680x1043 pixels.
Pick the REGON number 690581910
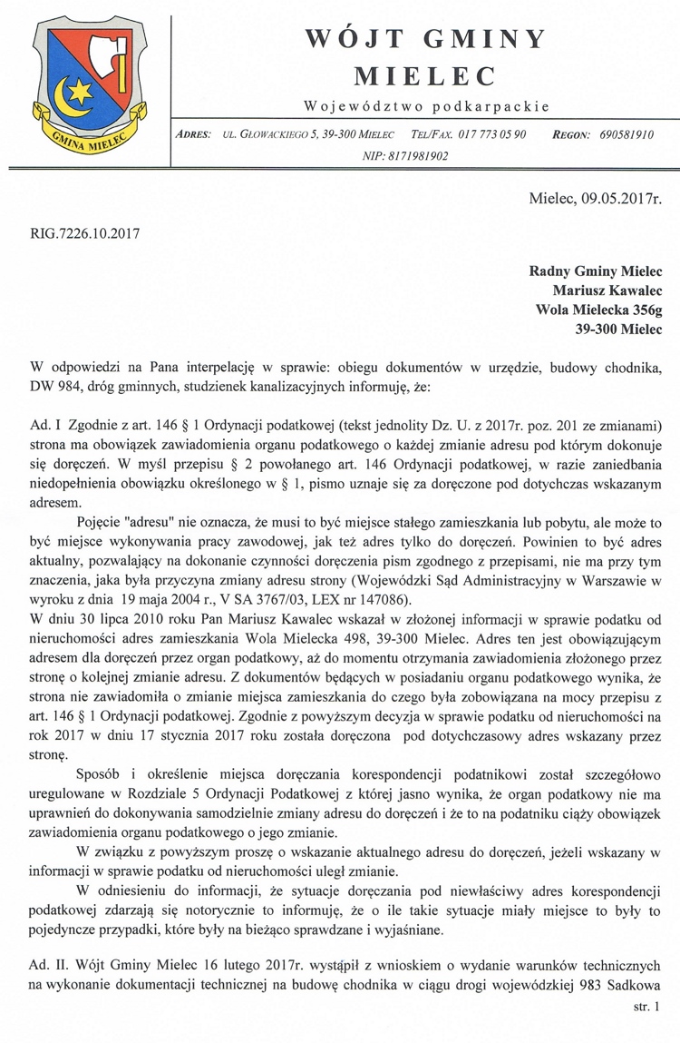click(627, 133)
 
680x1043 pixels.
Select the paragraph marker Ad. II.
click(50, 966)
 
